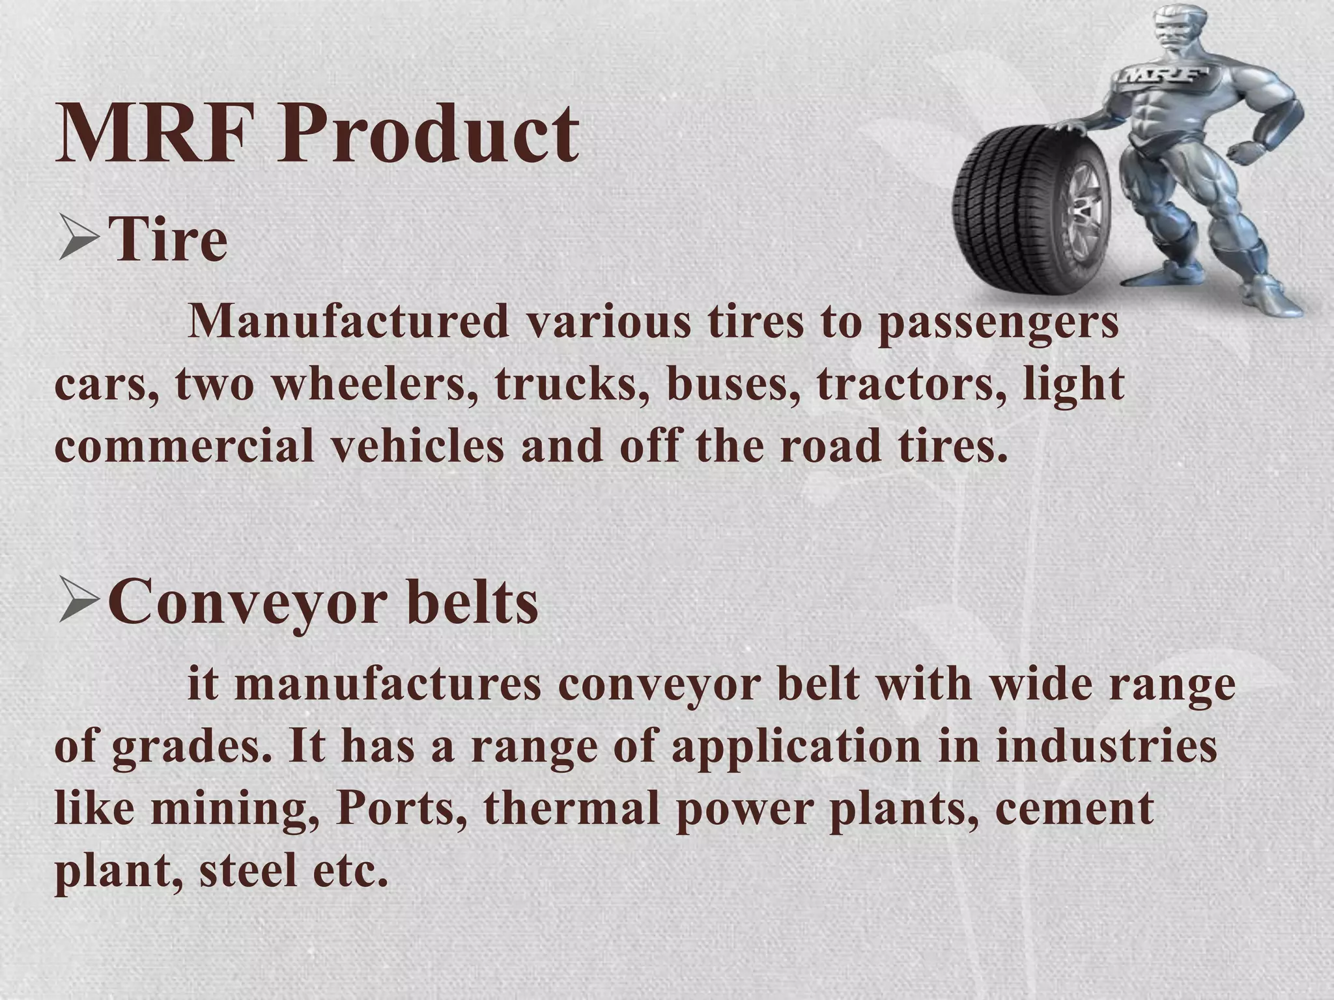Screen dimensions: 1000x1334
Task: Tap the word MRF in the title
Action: coord(154,134)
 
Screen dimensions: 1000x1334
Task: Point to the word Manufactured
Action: coord(348,322)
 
